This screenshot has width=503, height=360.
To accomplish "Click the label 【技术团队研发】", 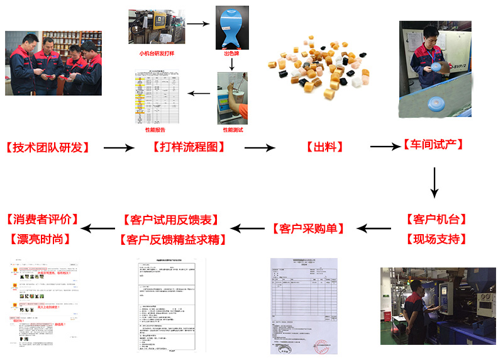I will [x=48, y=148].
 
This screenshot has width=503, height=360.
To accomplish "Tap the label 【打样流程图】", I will [x=189, y=148].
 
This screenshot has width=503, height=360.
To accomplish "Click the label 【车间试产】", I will [x=433, y=145].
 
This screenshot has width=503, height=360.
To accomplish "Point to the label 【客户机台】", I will [x=436, y=220].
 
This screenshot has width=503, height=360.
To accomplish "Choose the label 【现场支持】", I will [x=436, y=239].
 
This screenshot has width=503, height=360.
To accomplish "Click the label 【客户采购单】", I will [x=308, y=228].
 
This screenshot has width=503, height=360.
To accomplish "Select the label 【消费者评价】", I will [x=43, y=220].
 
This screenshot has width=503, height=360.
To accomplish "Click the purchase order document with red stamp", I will [x=304, y=305].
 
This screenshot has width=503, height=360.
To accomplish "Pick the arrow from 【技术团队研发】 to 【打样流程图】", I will [x=119, y=148].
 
